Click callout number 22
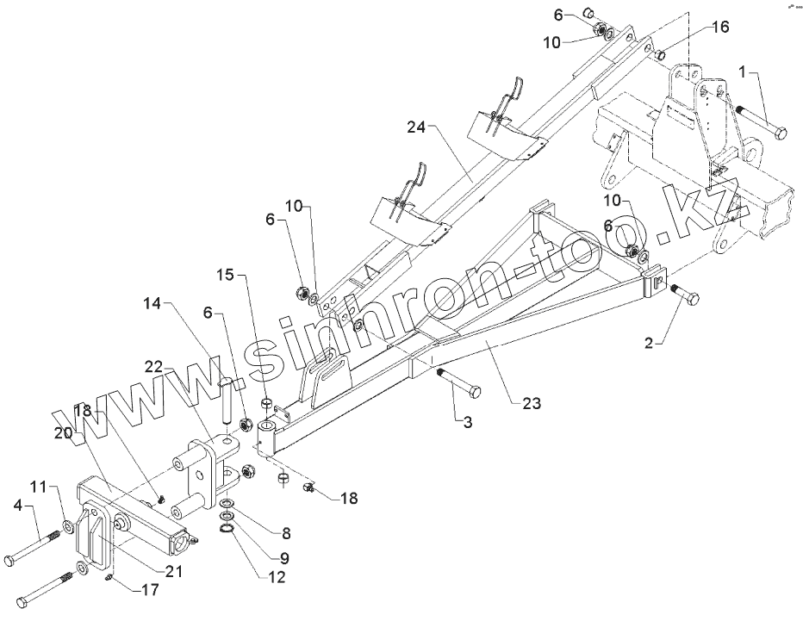click(x=153, y=366)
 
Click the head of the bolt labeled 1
click(x=780, y=133)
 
